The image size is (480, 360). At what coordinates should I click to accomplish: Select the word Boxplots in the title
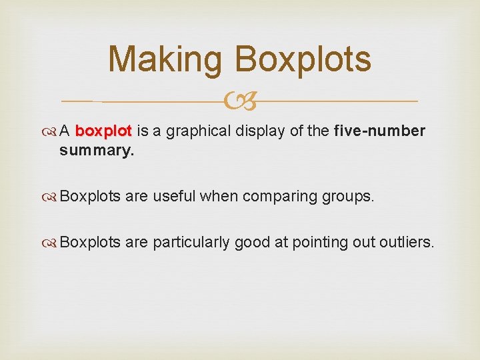[x=302, y=59]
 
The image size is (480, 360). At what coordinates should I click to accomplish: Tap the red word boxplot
[x=105, y=131]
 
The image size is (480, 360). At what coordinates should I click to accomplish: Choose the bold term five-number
[x=378, y=131]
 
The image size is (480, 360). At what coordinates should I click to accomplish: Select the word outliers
[x=407, y=242]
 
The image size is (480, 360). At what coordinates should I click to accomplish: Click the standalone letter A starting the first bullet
[x=65, y=131]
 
